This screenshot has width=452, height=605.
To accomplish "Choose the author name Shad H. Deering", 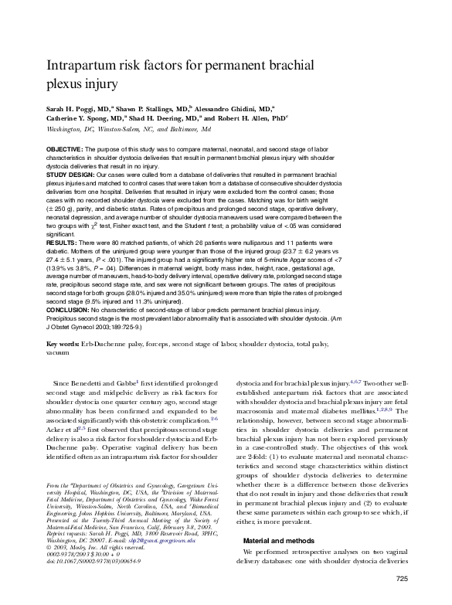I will pos(161,120).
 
